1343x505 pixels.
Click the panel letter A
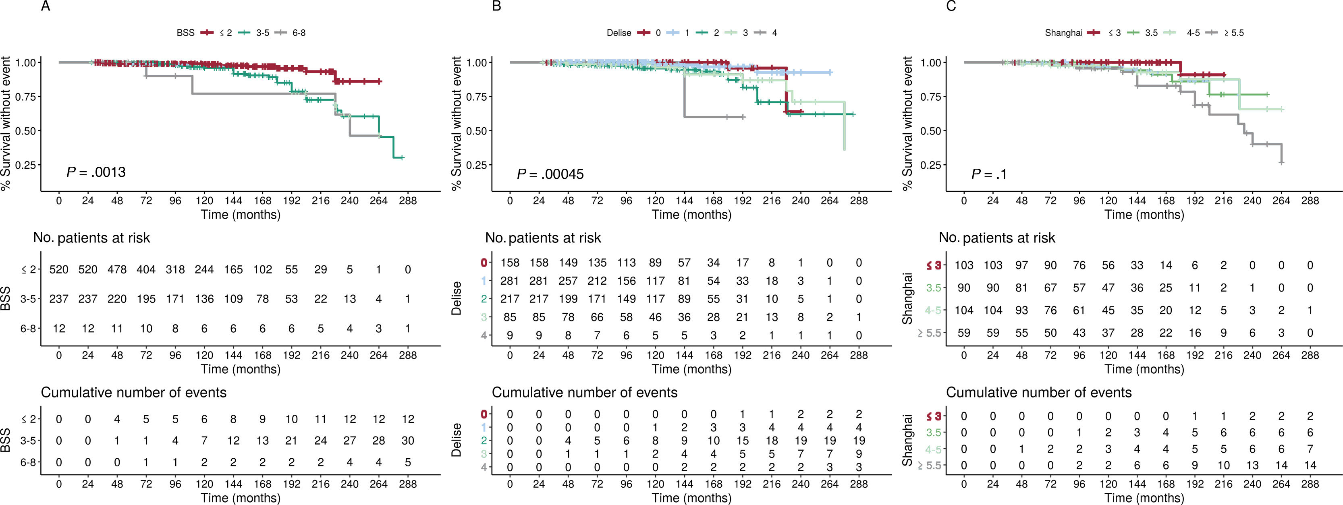tap(46, 7)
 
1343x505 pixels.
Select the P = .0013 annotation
tap(96, 172)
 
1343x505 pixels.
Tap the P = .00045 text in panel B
tap(550, 174)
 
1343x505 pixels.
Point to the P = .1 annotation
tap(989, 174)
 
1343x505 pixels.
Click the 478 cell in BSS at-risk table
tap(117, 269)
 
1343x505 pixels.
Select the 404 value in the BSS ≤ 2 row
tap(146, 269)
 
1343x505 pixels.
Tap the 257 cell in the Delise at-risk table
tap(568, 281)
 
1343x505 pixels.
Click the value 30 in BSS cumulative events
tap(408, 441)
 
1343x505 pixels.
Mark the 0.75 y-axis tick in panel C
tap(931, 97)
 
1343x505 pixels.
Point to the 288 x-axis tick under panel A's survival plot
tap(408, 201)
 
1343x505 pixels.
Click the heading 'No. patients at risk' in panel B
tap(543, 238)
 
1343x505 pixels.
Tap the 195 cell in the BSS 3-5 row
tap(146, 299)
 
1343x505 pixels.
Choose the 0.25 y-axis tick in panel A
tap(26, 165)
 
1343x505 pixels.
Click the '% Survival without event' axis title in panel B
tap(456, 124)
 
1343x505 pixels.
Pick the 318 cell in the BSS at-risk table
tap(175, 269)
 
